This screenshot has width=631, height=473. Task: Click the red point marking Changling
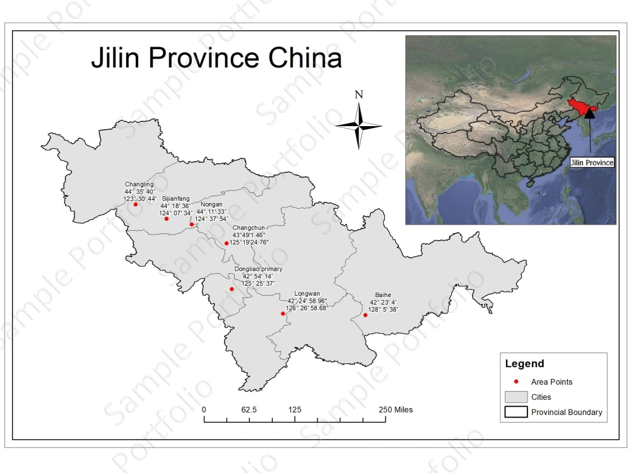[x=136, y=204]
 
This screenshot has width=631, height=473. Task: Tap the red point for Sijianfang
[x=167, y=219]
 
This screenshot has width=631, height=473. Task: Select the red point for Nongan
[x=192, y=225]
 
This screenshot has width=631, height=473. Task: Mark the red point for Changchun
[x=227, y=243]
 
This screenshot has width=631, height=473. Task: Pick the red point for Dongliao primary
[x=232, y=289]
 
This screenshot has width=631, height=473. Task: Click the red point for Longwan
[x=283, y=313]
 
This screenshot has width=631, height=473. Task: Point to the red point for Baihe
[x=365, y=315]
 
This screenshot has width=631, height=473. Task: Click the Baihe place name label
[x=383, y=295]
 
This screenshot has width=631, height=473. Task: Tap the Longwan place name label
[x=307, y=293]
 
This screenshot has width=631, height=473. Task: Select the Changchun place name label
[x=249, y=228]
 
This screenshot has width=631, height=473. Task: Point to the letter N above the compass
[x=359, y=95]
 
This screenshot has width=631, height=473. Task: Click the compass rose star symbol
[x=359, y=126]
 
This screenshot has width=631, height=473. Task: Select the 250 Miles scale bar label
[x=396, y=410]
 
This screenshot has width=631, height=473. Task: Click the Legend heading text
[x=524, y=364]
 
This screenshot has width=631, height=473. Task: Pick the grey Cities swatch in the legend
[x=516, y=397]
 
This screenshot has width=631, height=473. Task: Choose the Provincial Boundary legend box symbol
[x=516, y=412]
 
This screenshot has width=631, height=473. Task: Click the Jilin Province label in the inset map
[x=591, y=163]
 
